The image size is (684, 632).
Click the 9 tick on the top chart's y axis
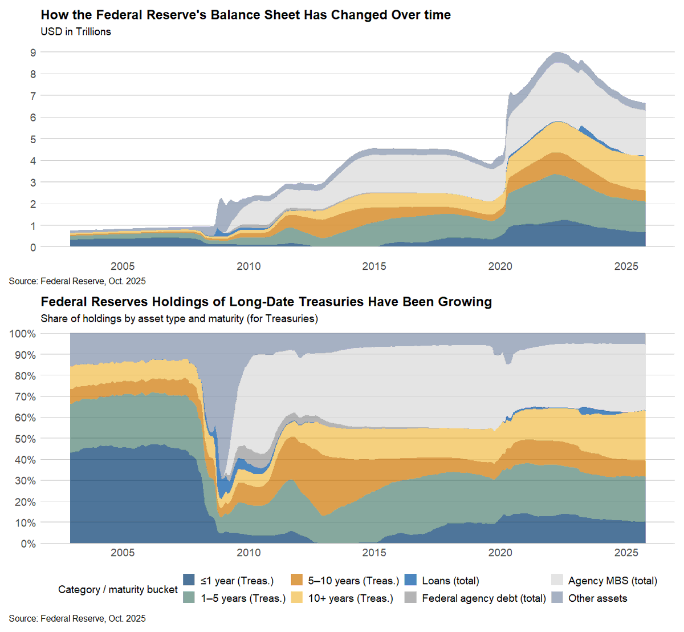tap(33, 52)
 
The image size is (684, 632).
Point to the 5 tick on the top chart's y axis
tap(33, 139)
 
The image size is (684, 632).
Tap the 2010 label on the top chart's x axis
tap(249, 266)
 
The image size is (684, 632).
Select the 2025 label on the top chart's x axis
tap(626, 266)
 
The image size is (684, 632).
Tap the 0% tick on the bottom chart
tap(28, 544)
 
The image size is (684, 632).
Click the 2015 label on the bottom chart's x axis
tap(374, 553)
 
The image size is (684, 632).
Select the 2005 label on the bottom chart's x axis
tap(123, 553)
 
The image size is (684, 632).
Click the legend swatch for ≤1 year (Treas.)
tap(189, 581)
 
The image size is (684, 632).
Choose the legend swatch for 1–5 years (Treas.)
tap(189, 598)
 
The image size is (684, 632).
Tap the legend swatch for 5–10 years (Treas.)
tap(296, 581)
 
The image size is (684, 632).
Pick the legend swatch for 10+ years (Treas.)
tap(296, 598)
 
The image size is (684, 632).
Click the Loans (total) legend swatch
tap(410, 581)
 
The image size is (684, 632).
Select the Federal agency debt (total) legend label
tap(484, 598)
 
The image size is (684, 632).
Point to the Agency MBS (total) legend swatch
tap(557, 581)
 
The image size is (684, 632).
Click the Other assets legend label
tap(597, 598)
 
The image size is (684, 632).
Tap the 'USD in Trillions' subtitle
tap(76, 32)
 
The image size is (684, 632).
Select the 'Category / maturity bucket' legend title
tap(118, 590)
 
